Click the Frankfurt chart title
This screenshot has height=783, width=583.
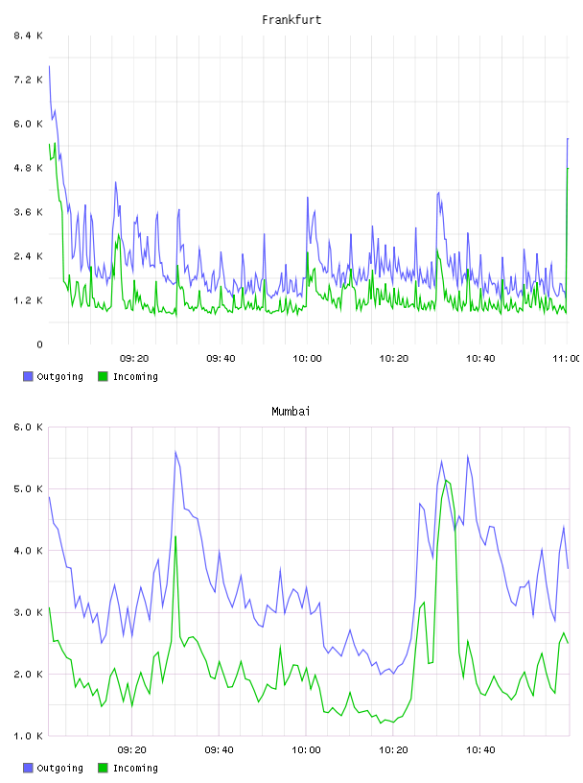tap(291, 19)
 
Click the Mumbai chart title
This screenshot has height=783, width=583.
tap(291, 411)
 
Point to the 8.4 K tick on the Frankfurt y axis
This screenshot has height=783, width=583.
tap(28, 36)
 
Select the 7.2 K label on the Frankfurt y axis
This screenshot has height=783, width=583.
tap(28, 80)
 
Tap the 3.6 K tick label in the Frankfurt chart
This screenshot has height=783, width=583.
tap(28, 212)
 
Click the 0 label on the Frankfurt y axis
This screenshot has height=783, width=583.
tap(39, 344)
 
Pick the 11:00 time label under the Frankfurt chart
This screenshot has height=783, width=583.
tap(566, 358)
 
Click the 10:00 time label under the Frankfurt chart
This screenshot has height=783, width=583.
tap(307, 358)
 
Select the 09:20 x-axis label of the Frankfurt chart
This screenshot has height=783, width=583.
tap(134, 358)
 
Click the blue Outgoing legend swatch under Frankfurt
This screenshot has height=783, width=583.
tap(28, 376)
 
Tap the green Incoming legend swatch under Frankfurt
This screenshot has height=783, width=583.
tap(103, 376)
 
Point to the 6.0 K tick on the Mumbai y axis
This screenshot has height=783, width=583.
tap(28, 427)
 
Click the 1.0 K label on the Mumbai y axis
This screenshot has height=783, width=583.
tap(28, 736)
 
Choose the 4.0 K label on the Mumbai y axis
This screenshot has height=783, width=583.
tap(28, 550)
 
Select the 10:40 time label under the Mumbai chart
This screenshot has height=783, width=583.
tap(480, 749)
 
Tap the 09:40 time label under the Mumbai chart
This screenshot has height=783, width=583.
tap(219, 749)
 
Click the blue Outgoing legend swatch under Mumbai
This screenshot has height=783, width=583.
tap(28, 768)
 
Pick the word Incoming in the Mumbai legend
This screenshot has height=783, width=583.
tap(135, 768)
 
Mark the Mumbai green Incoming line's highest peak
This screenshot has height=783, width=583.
tap(446, 480)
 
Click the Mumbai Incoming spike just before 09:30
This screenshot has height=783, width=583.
tap(175, 536)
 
